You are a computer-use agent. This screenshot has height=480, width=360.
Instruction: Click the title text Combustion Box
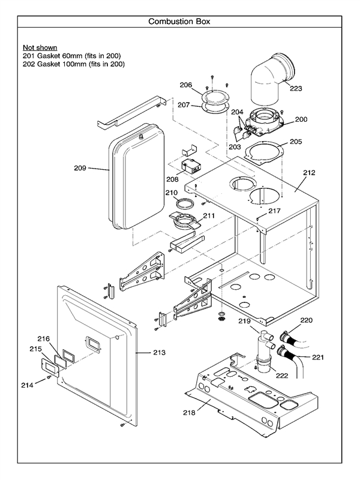(x=179, y=22)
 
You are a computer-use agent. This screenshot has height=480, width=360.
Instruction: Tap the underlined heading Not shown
(x=40, y=47)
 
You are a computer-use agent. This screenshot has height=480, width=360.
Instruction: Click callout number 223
(x=296, y=89)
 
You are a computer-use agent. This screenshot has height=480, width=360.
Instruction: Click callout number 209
(x=80, y=167)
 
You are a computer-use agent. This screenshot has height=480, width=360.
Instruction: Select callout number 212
(x=309, y=173)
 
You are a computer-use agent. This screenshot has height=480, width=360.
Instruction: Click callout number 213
(x=158, y=353)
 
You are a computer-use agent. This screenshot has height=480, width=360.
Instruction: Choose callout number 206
(x=186, y=85)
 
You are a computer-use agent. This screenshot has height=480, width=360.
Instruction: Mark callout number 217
(x=274, y=211)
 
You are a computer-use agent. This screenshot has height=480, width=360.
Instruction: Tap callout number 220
(x=306, y=320)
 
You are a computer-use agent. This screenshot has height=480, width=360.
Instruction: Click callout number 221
(x=317, y=357)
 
